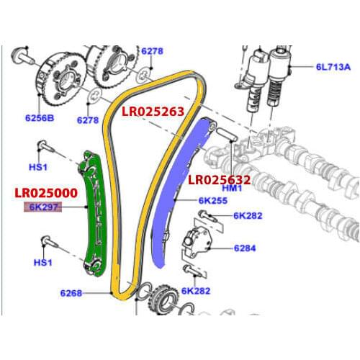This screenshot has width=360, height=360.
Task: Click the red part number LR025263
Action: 153,112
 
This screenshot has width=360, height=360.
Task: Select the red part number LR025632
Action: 219,180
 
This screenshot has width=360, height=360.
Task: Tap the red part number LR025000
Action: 45,194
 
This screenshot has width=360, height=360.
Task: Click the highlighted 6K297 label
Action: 45,207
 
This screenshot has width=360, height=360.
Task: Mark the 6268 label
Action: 71,293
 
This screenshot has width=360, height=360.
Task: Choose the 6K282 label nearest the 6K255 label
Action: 248,215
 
